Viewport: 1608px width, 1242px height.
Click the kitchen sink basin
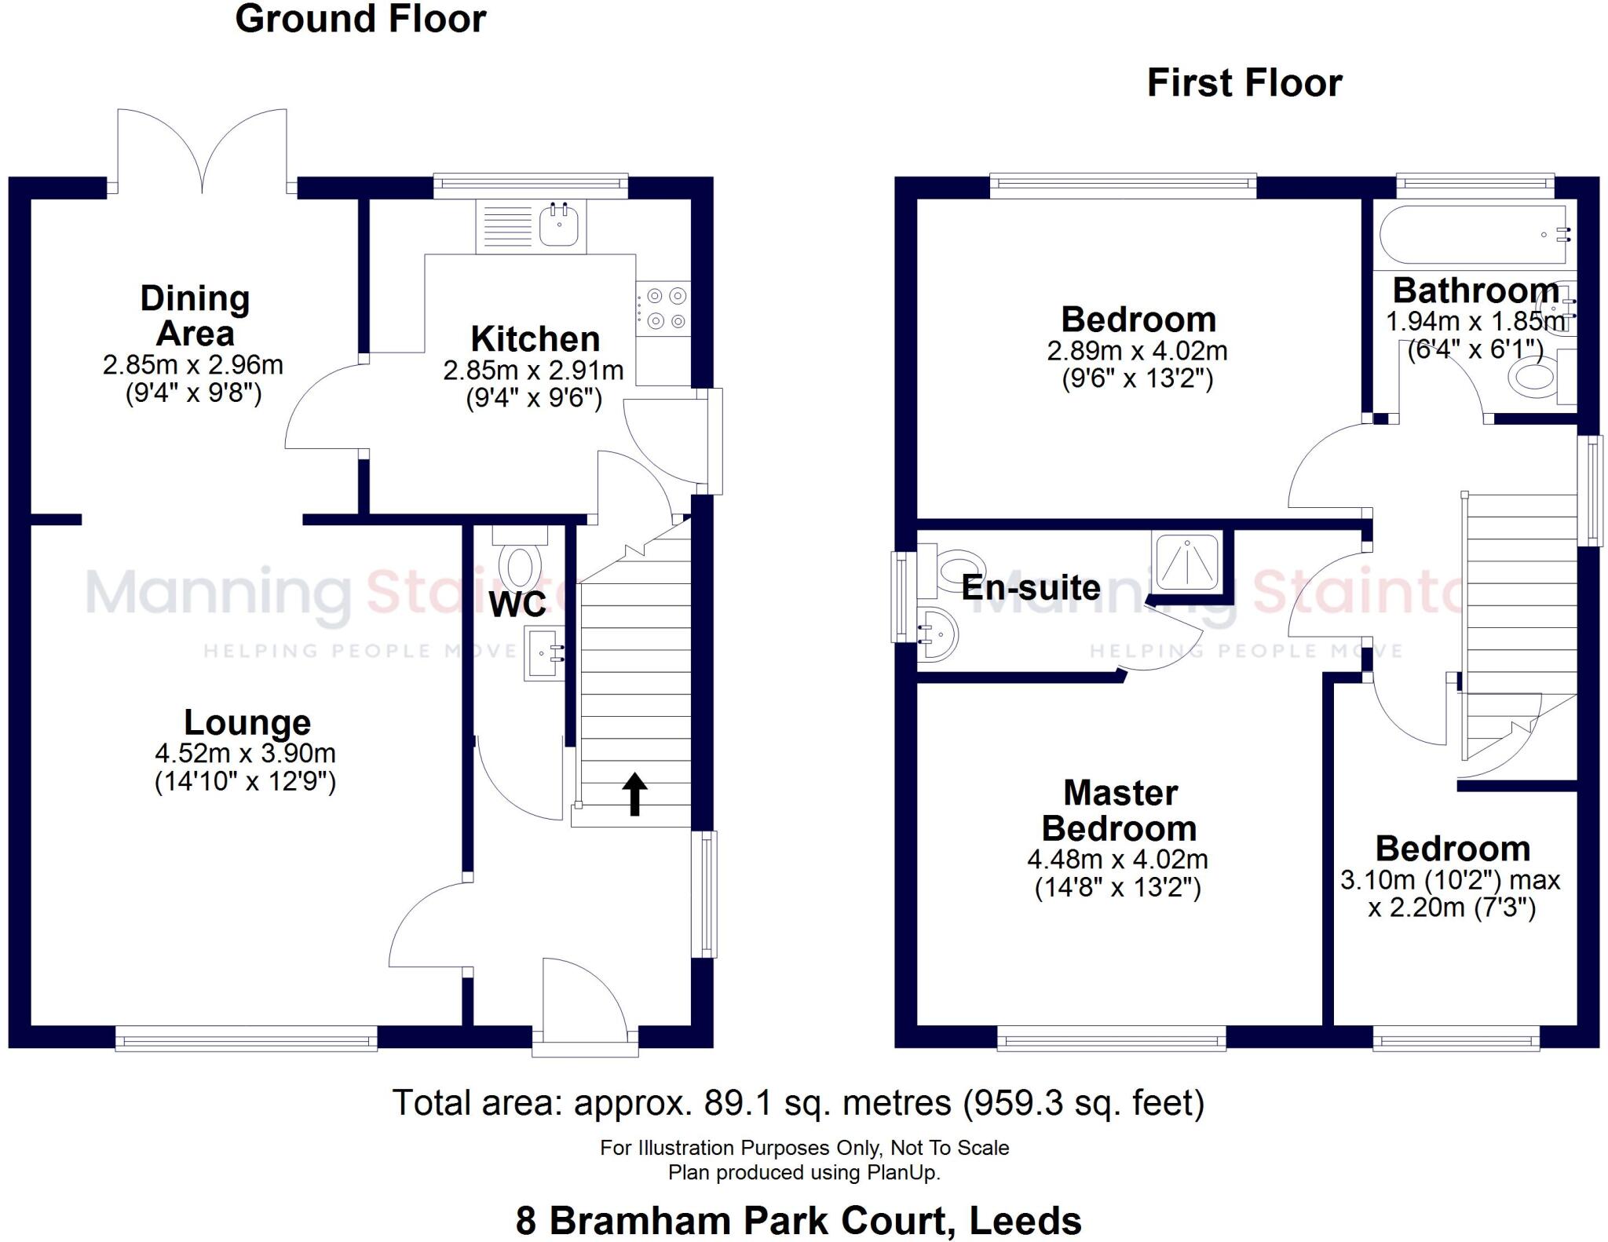point(559,225)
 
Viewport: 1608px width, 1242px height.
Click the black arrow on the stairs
point(634,794)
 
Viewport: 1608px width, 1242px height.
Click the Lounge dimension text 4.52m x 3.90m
point(245,754)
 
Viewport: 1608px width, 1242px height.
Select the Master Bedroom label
point(1120,811)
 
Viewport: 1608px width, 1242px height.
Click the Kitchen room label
point(535,339)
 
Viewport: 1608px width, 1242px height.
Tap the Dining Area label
point(195,316)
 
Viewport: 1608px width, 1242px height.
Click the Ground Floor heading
point(360,19)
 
